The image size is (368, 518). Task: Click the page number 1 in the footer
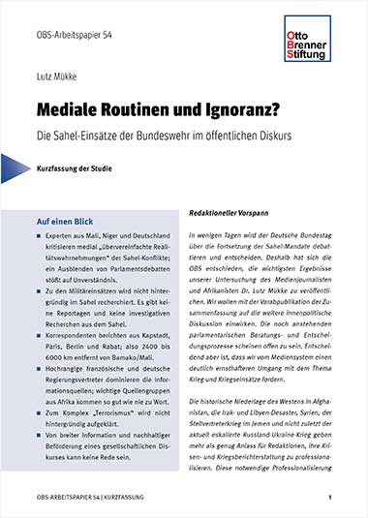[x=330, y=498]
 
